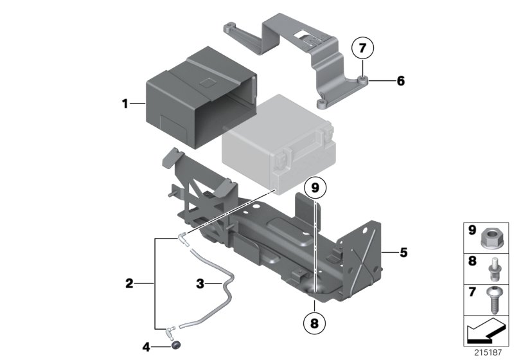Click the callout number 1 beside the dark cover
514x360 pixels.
126,103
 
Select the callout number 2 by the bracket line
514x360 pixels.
129,282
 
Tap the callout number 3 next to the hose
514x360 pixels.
200,282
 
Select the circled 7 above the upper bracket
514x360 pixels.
363,48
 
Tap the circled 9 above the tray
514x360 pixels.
315,188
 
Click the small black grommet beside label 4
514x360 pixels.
175,348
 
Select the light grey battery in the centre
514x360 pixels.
276,145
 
